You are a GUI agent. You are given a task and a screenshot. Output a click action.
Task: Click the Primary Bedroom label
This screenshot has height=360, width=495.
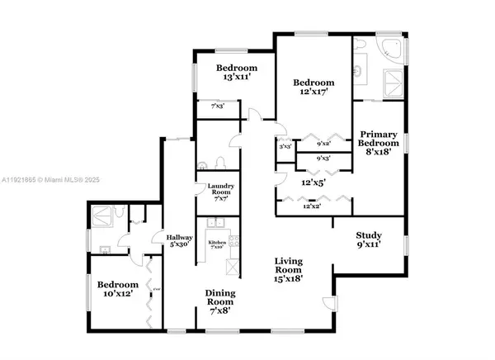point(379,143)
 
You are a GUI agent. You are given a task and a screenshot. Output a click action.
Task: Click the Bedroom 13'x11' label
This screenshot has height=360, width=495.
point(238,73)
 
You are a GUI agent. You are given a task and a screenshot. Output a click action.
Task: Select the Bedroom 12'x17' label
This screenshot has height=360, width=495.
point(314,88)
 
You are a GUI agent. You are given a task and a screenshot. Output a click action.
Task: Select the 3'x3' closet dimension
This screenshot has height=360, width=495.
point(285,147)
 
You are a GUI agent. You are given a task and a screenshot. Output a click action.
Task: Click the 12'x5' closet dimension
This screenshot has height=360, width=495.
point(313,181)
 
